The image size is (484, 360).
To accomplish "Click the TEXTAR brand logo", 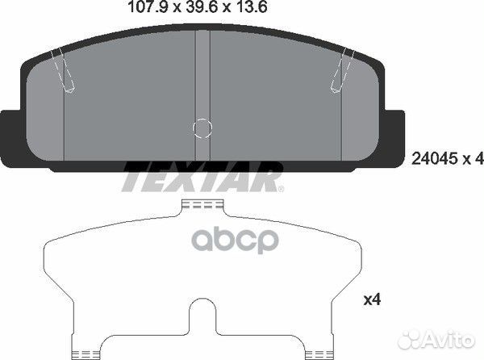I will pos(201,178).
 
